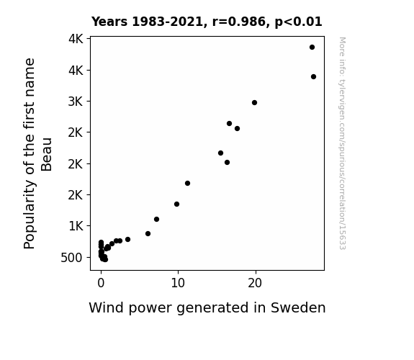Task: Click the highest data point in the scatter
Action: tap(312, 48)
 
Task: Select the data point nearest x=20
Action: tap(255, 102)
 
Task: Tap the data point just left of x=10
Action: tap(177, 204)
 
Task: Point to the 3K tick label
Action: tap(76, 102)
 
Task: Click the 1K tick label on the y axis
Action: tap(76, 226)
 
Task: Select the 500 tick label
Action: tap(72, 258)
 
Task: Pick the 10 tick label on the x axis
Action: tap(178, 283)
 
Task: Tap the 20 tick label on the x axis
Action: tap(255, 283)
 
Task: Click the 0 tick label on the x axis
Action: tap(101, 283)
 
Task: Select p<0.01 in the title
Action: tap(299, 22)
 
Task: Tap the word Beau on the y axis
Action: tap(47, 154)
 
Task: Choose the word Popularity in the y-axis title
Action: tap(29, 215)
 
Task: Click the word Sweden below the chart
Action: tap(298, 307)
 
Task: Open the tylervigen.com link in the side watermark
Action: tap(343, 143)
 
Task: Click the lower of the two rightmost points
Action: tap(313, 77)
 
